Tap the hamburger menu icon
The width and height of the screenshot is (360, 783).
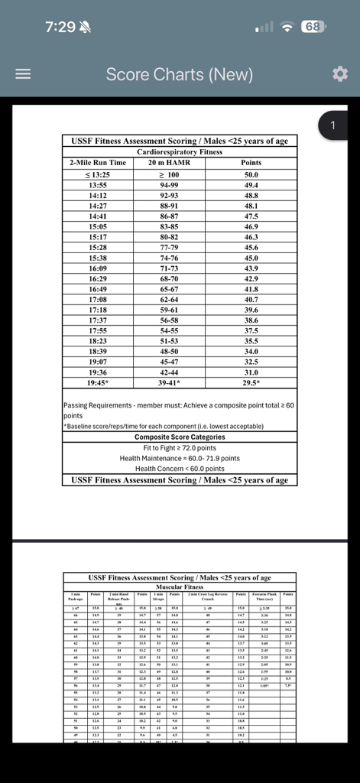(24, 74)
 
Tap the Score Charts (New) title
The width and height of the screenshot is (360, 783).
(179, 74)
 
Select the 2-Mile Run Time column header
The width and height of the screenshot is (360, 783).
(97, 163)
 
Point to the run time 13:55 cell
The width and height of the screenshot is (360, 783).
(97, 184)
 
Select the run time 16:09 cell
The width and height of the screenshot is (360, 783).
(97, 268)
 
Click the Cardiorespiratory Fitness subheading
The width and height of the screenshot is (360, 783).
(180, 152)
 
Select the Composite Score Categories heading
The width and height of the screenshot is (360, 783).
(179, 437)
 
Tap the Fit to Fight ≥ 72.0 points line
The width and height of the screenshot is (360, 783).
(179, 447)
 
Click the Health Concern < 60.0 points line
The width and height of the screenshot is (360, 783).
(179, 469)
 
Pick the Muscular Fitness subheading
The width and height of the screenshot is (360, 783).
(180, 587)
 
